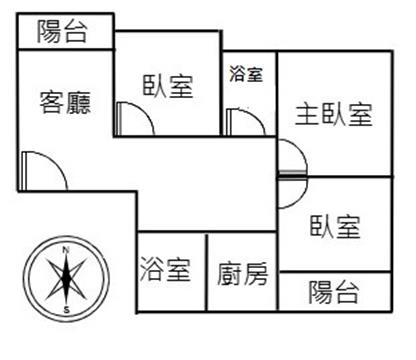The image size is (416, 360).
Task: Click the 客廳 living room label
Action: click(x=65, y=103)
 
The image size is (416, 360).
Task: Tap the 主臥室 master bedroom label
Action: click(x=334, y=114)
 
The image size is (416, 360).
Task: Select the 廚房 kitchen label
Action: click(x=243, y=274)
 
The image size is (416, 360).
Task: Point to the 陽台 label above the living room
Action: click(x=62, y=31)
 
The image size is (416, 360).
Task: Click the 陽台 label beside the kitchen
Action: click(x=334, y=292)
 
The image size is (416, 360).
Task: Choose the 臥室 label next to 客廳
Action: click(x=168, y=86)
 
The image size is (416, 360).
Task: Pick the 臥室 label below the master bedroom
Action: click(x=335, y=227)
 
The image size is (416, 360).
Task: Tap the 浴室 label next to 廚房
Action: click(x=165, y=269)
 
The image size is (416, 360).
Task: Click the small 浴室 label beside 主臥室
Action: click(x=246, y=74)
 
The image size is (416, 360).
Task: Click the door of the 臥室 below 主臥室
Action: click(x=301, y=198)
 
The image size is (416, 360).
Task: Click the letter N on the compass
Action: click(x=66, y=249)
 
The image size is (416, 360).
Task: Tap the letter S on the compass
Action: click(x=67, y=310)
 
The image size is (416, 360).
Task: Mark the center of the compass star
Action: click(x=66, y=279)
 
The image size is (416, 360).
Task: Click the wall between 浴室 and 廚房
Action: click(x=207, y=272)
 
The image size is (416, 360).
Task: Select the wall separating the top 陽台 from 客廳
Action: click(x=65, y=50)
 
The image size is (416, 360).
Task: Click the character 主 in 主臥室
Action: click(x=307, y=114)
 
